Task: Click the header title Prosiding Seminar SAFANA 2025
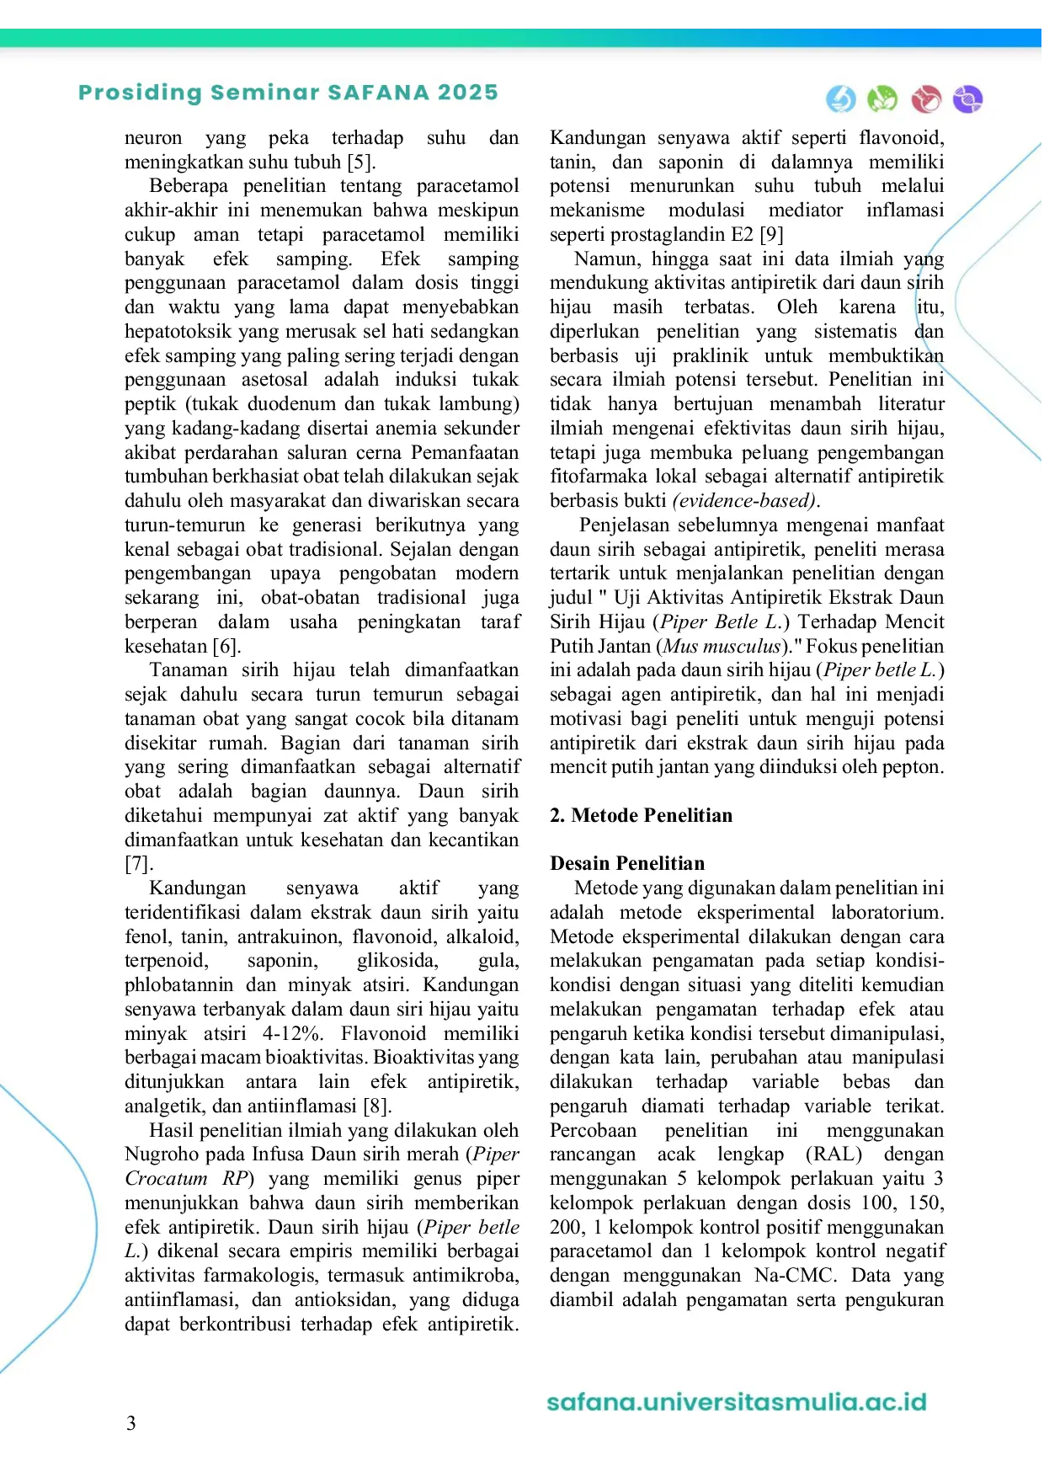288,93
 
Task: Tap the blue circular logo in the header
840,99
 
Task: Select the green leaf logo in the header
882,99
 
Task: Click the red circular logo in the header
926,99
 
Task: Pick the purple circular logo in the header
967,99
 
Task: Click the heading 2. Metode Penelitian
641,815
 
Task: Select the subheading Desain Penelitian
627,863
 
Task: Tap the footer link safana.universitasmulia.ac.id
737,1402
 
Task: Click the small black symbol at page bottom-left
130,1425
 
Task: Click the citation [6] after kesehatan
226,646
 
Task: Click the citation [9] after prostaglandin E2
771,234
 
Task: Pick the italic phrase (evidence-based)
745,500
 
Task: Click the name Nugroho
159,1154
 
